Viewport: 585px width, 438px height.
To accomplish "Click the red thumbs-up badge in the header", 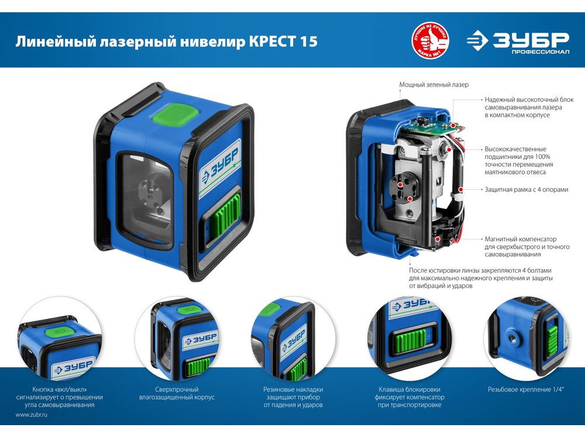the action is coord(430,40).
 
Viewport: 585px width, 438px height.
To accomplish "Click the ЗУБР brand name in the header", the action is coord(531,40).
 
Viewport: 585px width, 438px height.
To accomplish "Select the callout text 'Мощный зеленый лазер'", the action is coord(433,85).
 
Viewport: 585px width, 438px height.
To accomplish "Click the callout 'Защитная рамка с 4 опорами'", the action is coord(526,190).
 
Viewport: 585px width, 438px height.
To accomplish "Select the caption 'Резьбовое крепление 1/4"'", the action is coord(526,390).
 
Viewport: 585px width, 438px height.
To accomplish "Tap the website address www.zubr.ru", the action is coord(32,415).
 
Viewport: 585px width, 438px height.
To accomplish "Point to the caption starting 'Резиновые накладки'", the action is coord(293,397).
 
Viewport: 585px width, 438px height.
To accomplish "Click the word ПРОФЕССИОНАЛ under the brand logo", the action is coord(540,52).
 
